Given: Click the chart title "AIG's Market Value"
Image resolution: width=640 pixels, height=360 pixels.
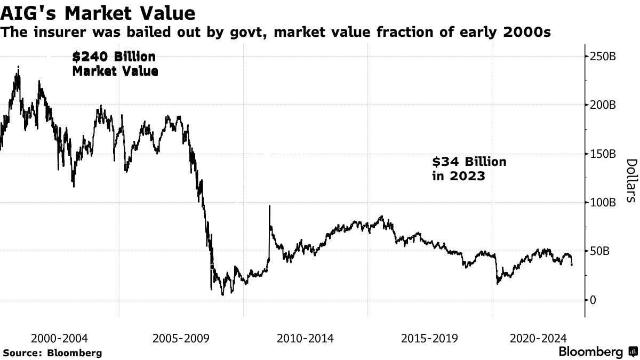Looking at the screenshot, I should pos(98,12).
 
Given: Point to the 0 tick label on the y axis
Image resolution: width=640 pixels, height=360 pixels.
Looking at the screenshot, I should pos(592,300).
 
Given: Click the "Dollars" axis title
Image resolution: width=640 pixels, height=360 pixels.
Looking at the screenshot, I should pos(630,180).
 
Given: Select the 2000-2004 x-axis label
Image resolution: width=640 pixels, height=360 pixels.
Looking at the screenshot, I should pos(60,338).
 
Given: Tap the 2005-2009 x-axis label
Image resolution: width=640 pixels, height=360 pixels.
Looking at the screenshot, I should pos(181,338).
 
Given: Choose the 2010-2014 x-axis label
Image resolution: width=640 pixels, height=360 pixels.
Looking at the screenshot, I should pos(305,338).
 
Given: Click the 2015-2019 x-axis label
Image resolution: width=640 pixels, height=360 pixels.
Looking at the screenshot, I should pos(429,338).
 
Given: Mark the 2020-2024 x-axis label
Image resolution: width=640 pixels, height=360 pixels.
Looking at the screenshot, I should pos(539,338).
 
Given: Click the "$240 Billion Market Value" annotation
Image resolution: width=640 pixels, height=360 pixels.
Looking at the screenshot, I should pos(115,63).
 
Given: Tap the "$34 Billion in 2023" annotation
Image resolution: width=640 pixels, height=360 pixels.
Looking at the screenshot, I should pos(469,168).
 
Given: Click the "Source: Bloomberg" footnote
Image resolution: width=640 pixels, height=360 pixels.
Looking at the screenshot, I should pos(52,353).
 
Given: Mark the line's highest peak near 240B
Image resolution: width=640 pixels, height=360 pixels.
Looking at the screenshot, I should pos(19,67).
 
